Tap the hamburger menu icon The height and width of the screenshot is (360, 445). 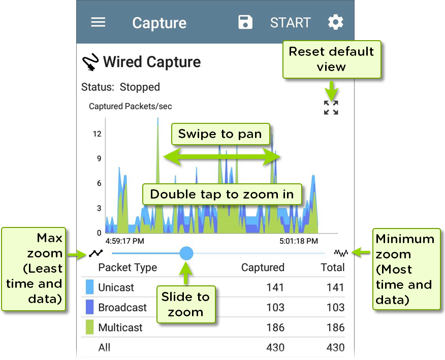coord(98,22)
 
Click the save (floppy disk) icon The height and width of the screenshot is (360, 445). coord(245,22)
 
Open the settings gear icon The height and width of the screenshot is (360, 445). coord(335,22)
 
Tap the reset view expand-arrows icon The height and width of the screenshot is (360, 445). coord(331,108)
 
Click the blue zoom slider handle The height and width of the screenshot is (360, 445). coord(186,253)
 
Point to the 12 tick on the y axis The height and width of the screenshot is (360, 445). coord(97,134)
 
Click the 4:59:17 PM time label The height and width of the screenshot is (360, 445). coord(124,241)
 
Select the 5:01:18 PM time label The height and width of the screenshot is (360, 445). coord(299,241)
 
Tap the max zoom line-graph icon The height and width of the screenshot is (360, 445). coord(96,253)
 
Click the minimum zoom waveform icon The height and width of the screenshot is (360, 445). coord(341,252)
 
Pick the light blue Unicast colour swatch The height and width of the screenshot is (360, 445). coord(90,287)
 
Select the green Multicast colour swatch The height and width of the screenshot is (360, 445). coord(90,327)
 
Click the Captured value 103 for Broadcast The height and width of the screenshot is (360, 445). coord(275,307)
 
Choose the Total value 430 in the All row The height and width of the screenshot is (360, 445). coord(335,347)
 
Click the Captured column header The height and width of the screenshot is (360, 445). coord(263,267)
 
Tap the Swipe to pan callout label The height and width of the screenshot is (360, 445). coord(220,134)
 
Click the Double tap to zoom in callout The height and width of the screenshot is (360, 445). coord(222,194)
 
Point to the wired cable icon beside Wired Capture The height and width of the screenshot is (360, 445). coord(90,62)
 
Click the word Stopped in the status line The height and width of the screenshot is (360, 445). coord(140,87)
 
